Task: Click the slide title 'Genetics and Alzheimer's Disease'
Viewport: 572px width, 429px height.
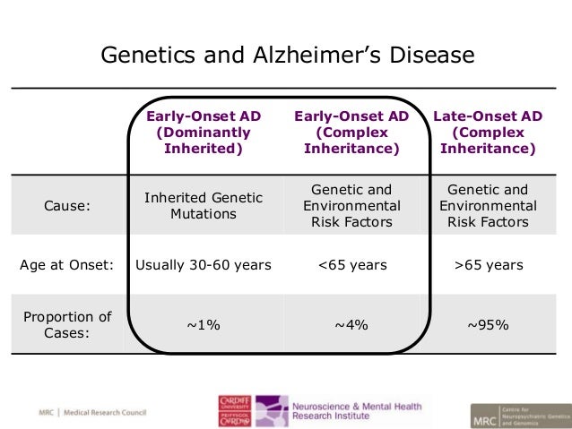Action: [286, 56]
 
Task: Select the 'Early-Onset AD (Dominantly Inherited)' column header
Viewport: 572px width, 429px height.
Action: [204, 132]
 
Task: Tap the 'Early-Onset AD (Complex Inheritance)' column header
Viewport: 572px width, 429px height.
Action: [351, 132]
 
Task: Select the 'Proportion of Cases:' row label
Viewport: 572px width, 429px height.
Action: [67, 324]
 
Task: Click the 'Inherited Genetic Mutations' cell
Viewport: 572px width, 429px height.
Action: [204, 205]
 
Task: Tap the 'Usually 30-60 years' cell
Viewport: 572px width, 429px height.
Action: [204, 265]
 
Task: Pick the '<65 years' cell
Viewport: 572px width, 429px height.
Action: [351, 265]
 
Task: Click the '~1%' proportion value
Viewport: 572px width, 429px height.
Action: [204, 325]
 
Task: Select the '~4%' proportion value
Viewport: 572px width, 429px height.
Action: [351, 325]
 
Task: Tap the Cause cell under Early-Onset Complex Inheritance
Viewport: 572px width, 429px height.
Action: [351, 205]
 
